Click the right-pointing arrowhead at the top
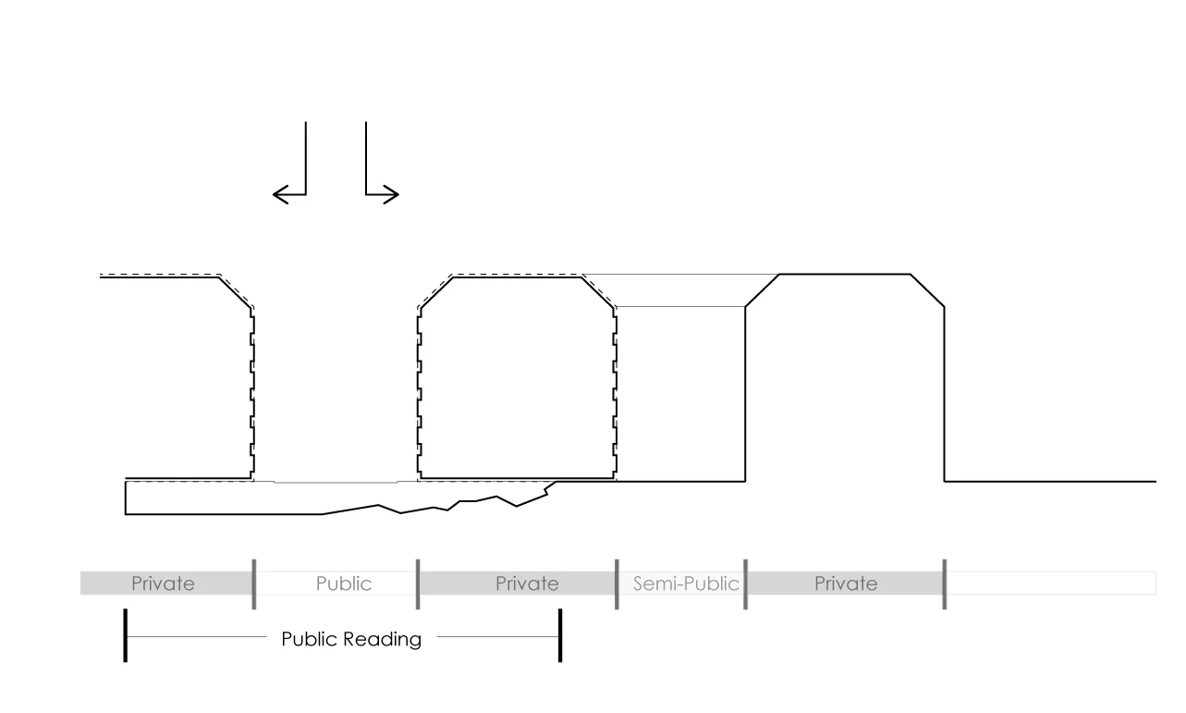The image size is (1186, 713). coord(393,194)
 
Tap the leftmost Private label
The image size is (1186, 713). coord(163,584)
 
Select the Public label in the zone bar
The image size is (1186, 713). coord(343,584)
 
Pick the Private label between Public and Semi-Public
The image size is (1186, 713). coord(527,584)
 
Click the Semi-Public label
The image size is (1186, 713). coord(686,584)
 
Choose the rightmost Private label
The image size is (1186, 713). coord(846,584)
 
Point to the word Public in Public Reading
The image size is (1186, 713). coord(307,639)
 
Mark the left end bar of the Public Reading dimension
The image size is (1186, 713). coord(125,636)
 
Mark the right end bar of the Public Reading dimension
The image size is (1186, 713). coord(560,636)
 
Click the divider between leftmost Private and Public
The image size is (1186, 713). coord(254,584)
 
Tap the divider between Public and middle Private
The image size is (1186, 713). coord(418,584)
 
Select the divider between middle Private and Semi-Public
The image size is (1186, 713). coord(617,584)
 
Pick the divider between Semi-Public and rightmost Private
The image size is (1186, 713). coord(745,584)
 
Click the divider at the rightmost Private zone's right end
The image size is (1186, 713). coord(944,584)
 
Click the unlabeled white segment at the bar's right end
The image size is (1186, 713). coord(1050,584)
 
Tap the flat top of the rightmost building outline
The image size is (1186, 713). coord(845,275)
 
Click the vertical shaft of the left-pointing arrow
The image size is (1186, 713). coord(306,157)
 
